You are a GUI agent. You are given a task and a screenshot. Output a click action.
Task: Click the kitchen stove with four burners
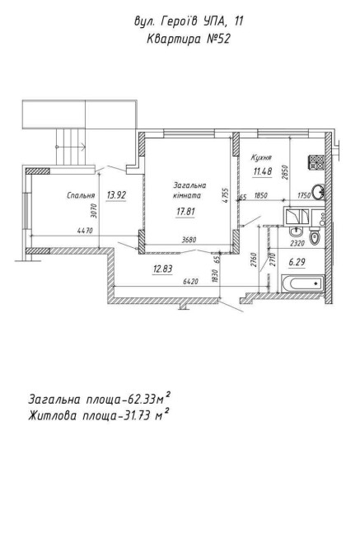[x=316, y=162]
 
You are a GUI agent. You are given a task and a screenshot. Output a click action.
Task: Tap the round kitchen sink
[x=319, y=192]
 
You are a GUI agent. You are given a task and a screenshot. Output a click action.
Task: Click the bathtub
[x=302, y=283]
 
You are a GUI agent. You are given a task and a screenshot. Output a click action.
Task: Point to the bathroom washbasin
[x=294, y=232]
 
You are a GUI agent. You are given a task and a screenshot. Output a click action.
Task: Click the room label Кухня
[x=261, y=157]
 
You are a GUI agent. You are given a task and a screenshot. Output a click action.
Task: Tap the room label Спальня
[x=81, y=196]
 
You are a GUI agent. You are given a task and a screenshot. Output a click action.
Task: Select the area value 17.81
[x=185, y=212]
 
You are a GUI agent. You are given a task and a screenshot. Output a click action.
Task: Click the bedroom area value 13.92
[x=116, y=195]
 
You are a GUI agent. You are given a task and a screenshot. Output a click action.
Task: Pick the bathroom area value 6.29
[x=297, y=262]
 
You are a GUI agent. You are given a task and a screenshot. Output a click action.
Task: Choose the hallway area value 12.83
[x=162, y=269]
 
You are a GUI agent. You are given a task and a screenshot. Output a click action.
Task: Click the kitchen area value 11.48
[x=263, y=172]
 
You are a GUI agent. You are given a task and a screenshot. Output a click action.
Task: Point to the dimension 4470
[x=85, y=231]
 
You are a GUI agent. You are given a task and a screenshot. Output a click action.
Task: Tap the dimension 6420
[x=191, y=282]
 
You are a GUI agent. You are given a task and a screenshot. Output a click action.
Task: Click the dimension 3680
[x=189, y=240]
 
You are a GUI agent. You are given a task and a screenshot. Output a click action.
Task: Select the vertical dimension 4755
[x=227, y=195]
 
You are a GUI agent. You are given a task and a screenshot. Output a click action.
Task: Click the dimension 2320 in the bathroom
[x=297, y=243]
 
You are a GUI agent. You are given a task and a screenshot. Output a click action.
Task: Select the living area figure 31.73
[x=138, y=416]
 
